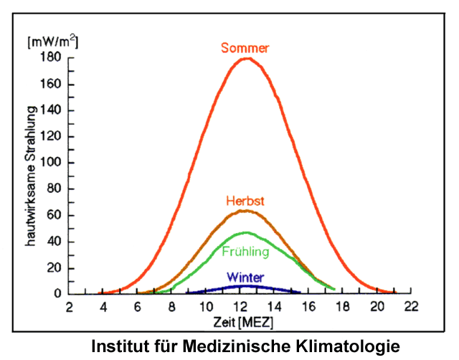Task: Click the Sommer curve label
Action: [245, 49]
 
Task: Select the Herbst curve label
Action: [246, 202]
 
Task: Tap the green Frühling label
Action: [245, 252]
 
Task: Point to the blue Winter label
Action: [245, 277]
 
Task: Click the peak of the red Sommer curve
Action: [247, 59]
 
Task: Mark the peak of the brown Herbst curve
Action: [246, 210]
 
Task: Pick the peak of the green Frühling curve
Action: [246, 232]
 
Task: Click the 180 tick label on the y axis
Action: [49, 58]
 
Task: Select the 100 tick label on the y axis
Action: [49, 163]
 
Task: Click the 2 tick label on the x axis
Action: [69, 307]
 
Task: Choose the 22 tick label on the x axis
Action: [410, 307]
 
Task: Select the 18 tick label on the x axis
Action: [342, 307]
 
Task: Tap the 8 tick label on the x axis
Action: [171, 307]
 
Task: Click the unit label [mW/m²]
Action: [52, 41]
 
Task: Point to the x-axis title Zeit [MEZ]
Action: [240, 318]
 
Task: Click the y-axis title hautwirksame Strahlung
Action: [31, 176]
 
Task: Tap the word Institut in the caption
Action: [120, 346]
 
